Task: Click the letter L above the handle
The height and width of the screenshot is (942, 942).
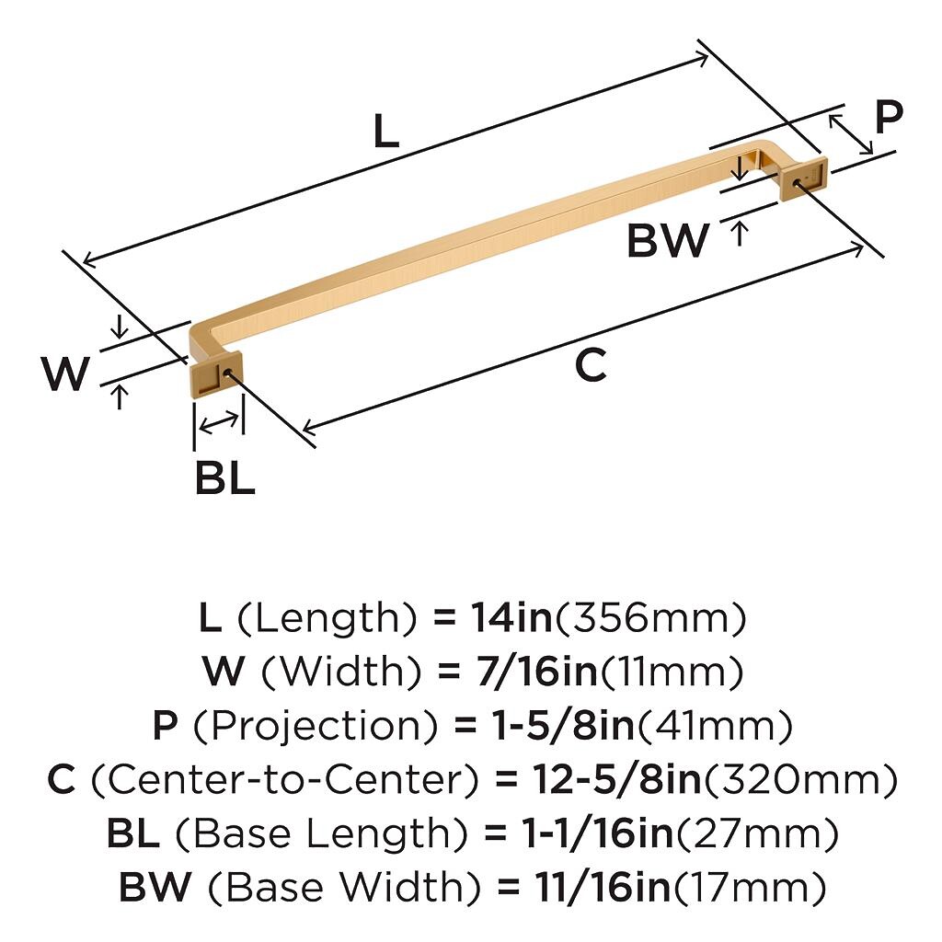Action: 386,131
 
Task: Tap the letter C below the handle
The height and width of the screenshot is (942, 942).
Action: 591,364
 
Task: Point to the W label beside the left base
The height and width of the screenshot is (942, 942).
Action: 65,373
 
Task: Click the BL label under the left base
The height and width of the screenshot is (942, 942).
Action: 225,477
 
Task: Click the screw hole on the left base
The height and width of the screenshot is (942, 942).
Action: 227,373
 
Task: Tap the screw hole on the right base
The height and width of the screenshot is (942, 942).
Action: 798,183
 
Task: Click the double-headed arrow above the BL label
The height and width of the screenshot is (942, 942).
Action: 219,423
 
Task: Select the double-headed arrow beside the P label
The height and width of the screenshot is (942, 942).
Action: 851,134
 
